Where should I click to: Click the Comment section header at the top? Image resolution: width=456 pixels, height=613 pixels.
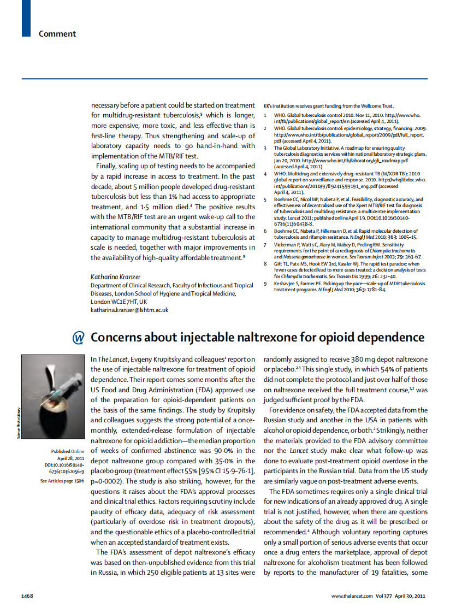(57, 34)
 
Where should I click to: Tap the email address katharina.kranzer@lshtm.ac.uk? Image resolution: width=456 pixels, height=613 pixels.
(129, 310)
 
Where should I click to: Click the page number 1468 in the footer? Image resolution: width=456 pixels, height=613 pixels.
(27, 595)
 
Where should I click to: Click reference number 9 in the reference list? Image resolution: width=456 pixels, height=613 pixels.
(265, 284)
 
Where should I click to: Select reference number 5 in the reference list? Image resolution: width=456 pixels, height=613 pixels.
(265, 200)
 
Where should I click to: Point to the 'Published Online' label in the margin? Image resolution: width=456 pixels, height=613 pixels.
(68, 451)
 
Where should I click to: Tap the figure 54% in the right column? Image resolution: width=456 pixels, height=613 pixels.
(371, 370)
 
